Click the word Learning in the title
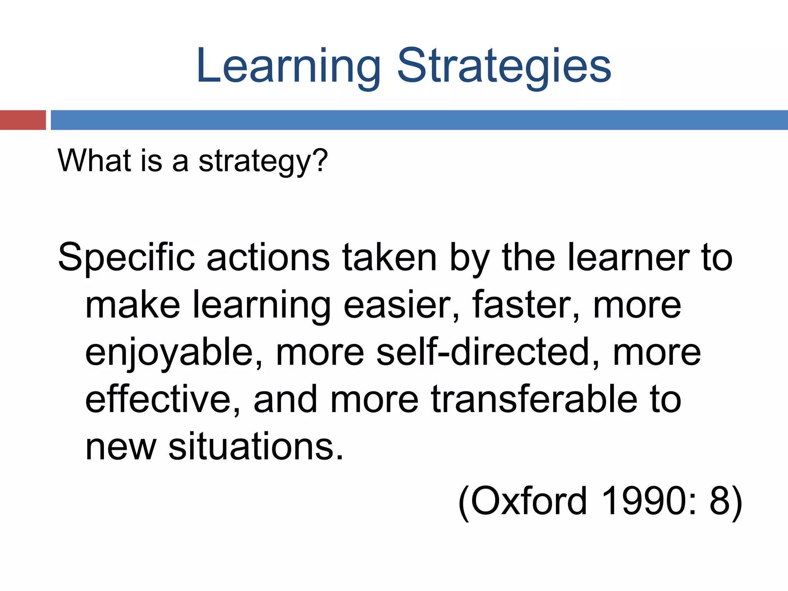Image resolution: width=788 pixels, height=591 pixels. coord(288,66)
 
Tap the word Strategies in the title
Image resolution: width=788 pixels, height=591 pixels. coord(504,66)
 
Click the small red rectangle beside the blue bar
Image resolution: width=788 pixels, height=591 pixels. coord(23,120)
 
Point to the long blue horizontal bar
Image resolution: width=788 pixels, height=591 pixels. coord(419,120)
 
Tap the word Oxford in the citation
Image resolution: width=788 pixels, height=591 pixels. coord(523,501)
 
